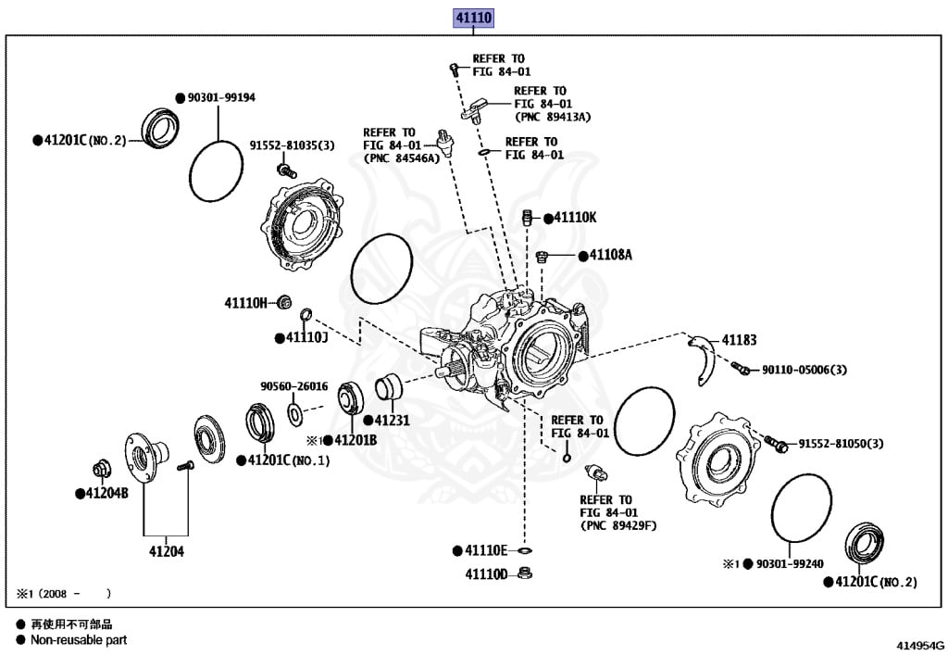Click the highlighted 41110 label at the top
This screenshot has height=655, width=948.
472,18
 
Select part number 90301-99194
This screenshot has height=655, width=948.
220,96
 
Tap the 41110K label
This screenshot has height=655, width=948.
575,218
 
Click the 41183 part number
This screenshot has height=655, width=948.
740,340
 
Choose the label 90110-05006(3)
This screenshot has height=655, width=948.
805,370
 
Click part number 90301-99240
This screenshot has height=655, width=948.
790,563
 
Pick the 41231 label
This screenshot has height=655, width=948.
393,420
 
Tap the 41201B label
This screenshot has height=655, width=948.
355,440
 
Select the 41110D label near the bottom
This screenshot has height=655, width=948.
487,574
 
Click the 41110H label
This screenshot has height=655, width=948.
245,302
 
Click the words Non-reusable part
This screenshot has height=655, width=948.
79,639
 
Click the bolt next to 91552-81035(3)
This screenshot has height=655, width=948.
287,170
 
